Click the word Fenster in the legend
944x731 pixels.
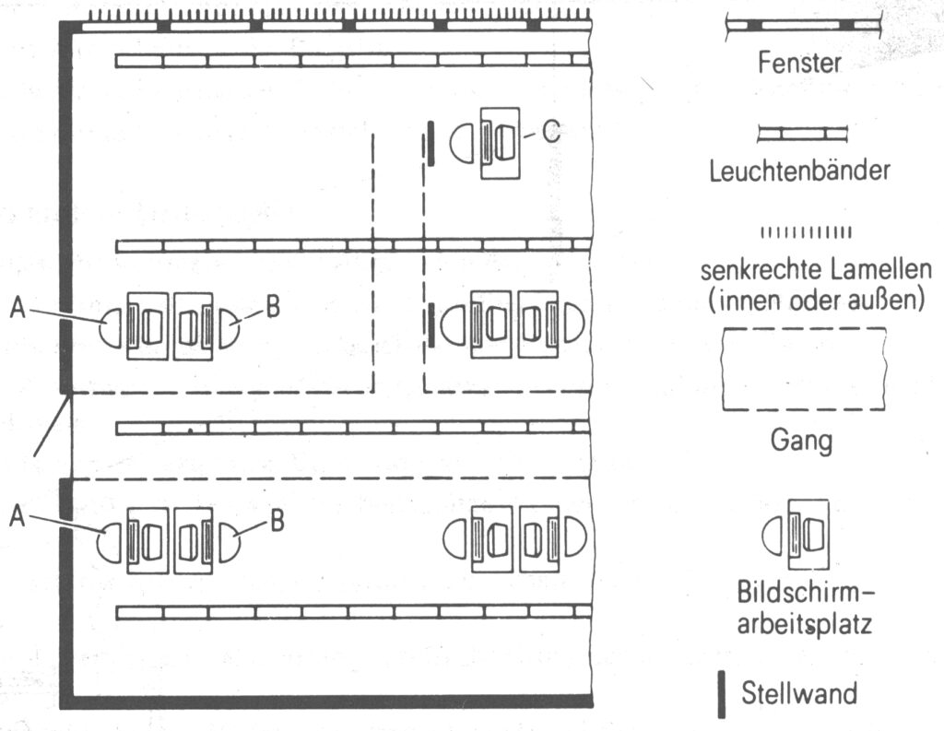tap(799, 63)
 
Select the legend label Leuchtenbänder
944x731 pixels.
tap(799, 170)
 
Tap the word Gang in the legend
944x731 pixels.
tap(801, 440)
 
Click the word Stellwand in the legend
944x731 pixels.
tap(799, 692)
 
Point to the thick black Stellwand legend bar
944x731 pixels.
tap(722, 693)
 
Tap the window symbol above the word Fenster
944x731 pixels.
tap(798, 26)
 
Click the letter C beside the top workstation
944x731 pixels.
tap(550, 132)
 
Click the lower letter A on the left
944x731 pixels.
tap(18, 518)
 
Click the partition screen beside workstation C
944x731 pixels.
tap(430, 143)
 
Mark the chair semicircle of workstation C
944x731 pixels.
tap(461, 143)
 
